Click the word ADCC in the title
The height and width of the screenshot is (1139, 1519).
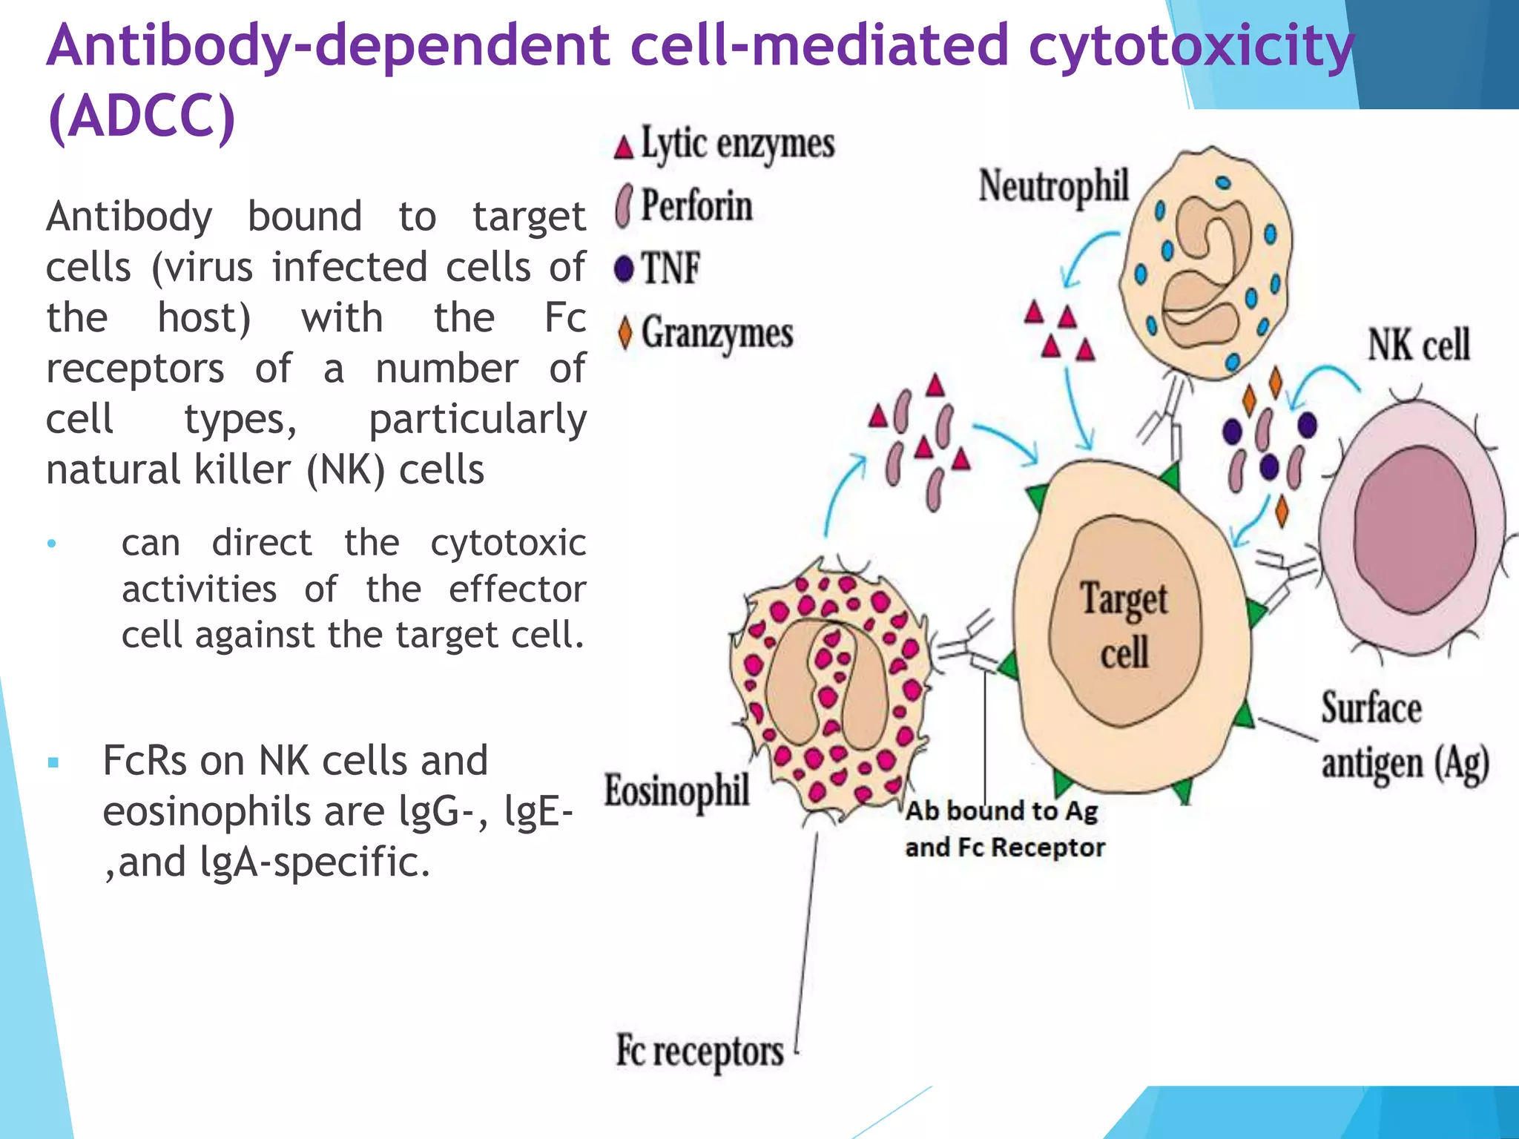tap(141, 117)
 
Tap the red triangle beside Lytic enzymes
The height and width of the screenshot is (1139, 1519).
tap(624, 148)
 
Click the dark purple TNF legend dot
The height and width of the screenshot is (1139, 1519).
tap(625, 268)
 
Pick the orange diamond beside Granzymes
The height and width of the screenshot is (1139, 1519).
tap(625, 332)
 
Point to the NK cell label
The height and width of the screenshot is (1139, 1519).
tap(1418, 346)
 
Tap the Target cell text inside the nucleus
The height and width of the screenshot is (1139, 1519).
tap(1124, 627)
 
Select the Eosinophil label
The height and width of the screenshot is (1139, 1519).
tap(676, 790)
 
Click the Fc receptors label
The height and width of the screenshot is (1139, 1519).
tap(699, 1051)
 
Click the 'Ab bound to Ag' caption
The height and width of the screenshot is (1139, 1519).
tap(1001, 811)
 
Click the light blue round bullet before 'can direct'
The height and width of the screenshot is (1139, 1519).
tap(51, 544)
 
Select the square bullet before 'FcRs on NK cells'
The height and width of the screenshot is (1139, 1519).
tap(53, 762)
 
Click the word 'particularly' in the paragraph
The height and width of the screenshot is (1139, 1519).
tap(477, 420)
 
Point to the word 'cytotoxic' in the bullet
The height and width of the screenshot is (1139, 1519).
tap(508, 543)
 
